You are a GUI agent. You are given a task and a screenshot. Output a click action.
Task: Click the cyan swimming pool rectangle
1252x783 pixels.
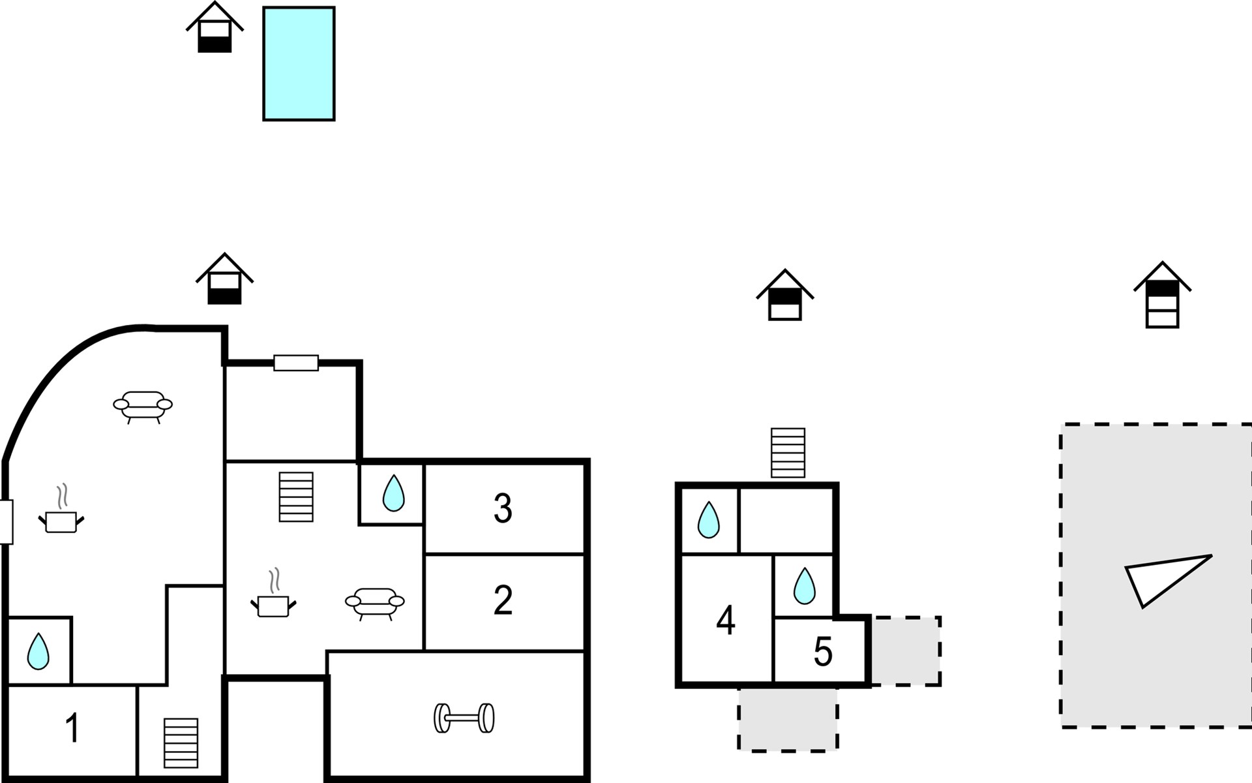coord(299,64)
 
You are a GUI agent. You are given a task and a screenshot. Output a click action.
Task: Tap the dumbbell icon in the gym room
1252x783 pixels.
coord(464,718)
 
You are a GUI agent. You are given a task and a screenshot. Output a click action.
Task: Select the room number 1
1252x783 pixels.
coord(73,728)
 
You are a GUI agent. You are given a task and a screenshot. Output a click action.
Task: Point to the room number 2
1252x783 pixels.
coord(503,600)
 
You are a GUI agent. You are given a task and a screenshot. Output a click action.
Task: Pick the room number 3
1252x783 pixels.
coord(503,508)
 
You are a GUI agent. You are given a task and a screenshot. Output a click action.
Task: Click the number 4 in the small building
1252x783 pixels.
coord(726,620)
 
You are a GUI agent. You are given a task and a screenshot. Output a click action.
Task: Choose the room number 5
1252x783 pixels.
coord(823,651)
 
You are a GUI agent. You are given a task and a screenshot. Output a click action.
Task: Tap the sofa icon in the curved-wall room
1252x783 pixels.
coord(143,406)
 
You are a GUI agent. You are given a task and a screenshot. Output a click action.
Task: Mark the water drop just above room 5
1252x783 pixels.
coord(804,586)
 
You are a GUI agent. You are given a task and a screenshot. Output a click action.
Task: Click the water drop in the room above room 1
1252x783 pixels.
coord(38,651)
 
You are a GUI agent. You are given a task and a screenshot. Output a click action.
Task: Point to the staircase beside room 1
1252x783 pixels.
coord(181,743)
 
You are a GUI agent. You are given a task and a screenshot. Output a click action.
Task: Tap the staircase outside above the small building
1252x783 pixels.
coord(788,453)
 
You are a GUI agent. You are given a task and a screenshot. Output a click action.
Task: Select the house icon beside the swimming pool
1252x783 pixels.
coord(215,28)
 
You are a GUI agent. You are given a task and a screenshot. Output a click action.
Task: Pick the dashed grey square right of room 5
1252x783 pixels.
coord(906,651)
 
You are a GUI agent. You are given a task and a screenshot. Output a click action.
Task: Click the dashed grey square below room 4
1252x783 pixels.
coord(788,718)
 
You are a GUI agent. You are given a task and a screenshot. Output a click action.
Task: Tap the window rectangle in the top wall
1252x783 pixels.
coord(296,363)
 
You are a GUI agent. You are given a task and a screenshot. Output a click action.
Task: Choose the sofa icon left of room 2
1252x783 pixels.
coord(375,603)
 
